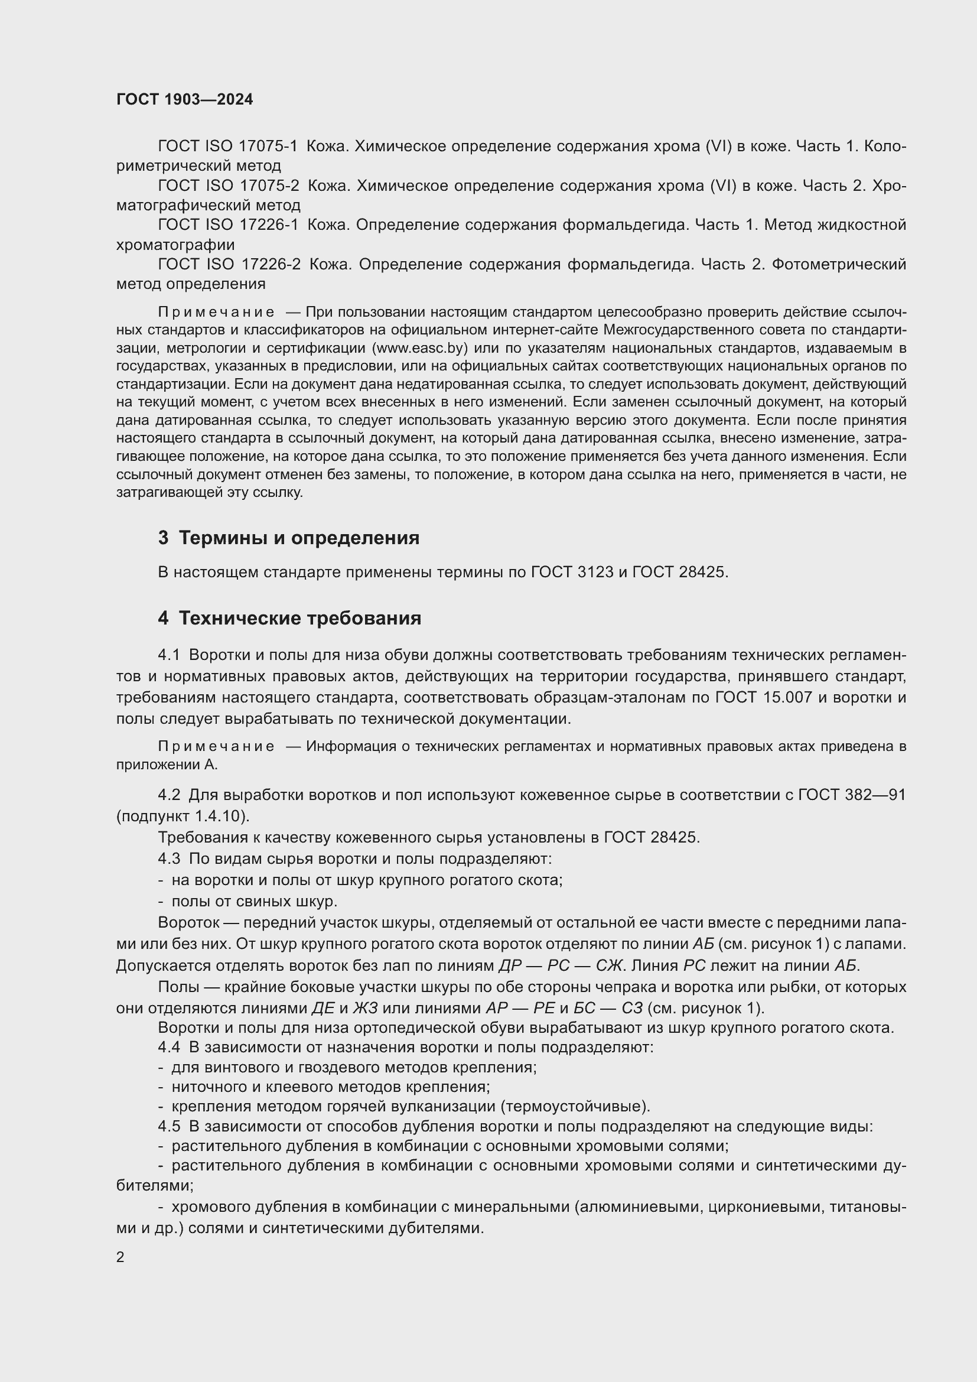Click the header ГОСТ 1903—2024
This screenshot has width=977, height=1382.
(185, 100)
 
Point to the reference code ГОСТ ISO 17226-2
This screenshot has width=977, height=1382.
(229, 264)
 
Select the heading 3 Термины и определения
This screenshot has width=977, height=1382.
(289, 538)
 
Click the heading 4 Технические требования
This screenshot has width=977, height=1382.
(289, 618)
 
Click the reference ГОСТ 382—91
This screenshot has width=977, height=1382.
(851, 795)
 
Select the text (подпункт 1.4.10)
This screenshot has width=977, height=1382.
(183, 816)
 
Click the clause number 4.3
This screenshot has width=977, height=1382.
(169, 859)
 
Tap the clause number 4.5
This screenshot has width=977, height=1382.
(169, 1126)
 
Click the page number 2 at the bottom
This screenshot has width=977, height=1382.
(121, 1257)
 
